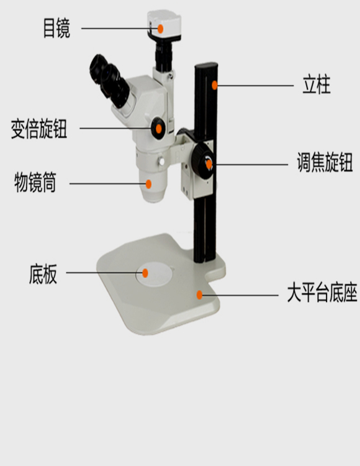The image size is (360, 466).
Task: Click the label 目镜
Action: pyautogui.click(x=56, y=29)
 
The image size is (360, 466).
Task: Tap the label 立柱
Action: pyautogui.click(x=317, y=85)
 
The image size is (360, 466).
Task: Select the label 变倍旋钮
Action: pyautogui.click(x=39, y=129)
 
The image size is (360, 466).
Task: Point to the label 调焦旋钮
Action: pyautogui.click(x=325, y=162)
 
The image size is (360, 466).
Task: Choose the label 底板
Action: pyautogui.click(x=43, y=274)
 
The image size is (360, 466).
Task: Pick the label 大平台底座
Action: pyautogui.click(x=322, y=293)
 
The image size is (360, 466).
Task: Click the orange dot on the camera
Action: pyautogui.click(x=160, y=29)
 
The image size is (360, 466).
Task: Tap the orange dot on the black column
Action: pyautogui.click(x=215, y=85)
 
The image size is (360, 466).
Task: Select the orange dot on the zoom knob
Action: pyautogui.click(x=159, y=129)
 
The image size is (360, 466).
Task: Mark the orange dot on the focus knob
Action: pyautogui.click(x=209, y=164)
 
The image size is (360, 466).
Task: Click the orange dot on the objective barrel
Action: pyautogui.click(x=148, y=184)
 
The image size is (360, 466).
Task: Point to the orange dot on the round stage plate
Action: pyautogui.click(x=145, y=273)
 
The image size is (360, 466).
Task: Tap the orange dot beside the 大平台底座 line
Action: pyautogui.click(x=199, y=295)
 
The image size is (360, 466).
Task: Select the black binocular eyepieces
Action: pyautogui.click(x=109, y=79)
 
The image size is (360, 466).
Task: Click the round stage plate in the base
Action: pyautogui.click(x=155, y=274)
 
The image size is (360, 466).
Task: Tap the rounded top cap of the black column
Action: pyautogui.click(x=206, y=65)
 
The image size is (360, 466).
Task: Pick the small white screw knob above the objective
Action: pyautogui.click(x=162, y=162)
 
